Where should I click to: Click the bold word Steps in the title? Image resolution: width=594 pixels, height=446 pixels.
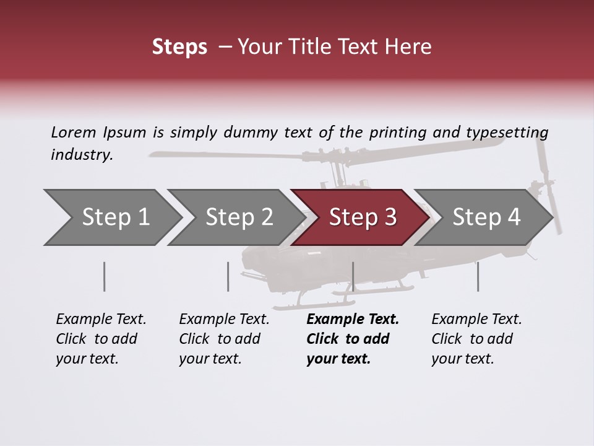179,47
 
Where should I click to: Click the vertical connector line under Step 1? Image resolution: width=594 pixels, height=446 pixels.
105,276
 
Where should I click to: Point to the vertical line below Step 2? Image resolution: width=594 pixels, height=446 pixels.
228,276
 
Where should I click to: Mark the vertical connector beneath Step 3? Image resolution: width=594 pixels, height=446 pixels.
353,276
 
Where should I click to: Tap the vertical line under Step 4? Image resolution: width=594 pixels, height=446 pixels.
478,276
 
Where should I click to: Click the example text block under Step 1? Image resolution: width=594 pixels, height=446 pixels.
101,339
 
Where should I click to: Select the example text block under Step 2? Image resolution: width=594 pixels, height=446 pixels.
224,339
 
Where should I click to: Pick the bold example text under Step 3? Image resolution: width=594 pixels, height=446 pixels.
353,339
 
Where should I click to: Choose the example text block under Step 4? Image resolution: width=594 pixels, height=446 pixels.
476,339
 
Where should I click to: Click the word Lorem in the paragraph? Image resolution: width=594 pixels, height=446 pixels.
73,132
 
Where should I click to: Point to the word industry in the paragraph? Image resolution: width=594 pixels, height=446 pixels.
81,154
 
